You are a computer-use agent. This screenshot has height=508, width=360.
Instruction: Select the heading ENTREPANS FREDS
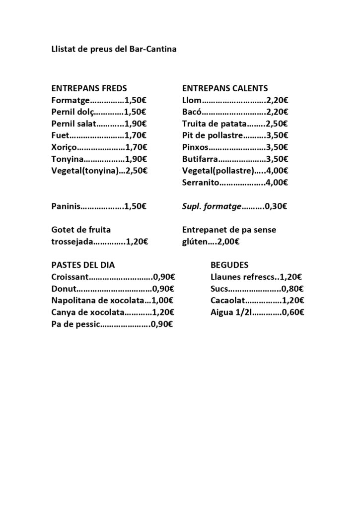[89, 88]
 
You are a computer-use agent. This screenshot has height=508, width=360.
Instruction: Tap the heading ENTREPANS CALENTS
[225, 88]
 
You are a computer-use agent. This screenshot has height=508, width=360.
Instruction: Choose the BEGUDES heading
[230, 265]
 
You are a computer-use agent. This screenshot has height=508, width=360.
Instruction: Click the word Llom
[191, 100]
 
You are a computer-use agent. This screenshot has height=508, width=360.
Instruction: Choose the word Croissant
[70, 277]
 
